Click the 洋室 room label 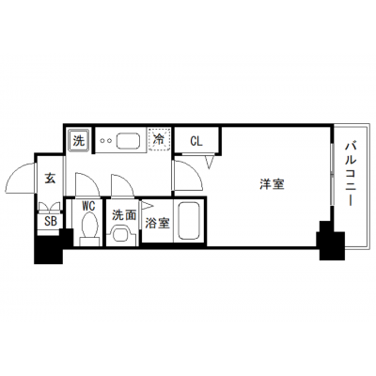[272, 184]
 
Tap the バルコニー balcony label [352, 174]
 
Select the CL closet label [196, 141]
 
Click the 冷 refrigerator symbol [160, 140]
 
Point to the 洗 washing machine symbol [79, 141]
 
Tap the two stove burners [105, 141]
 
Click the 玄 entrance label [50, 179]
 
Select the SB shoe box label [51, 221]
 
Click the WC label [88, 207]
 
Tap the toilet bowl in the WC [89, 225]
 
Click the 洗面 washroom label [124, 215]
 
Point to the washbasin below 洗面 [121, 235]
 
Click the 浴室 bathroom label [157, 223]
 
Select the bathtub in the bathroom [189, 221]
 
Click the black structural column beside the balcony [332, 241]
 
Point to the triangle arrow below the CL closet [210, 162]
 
